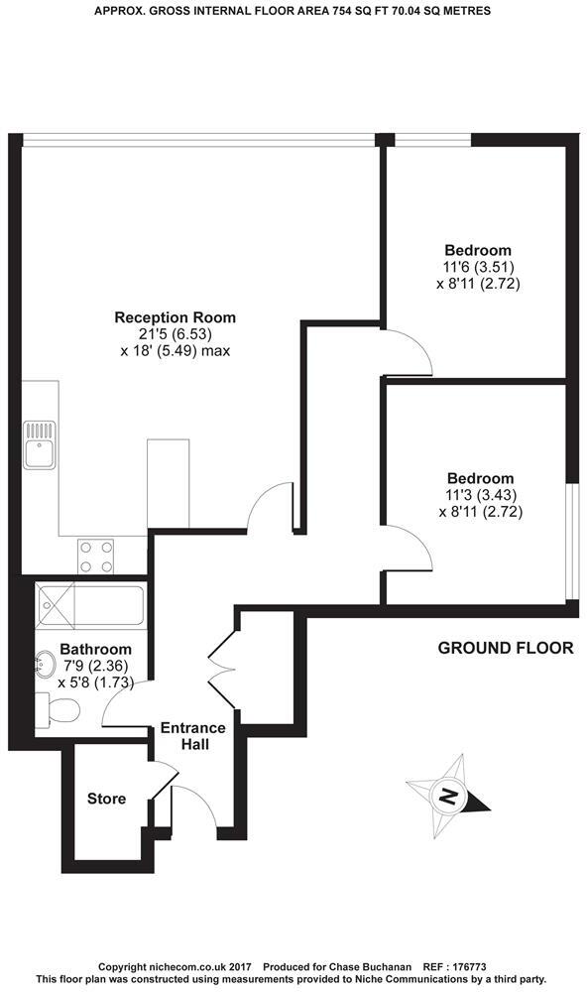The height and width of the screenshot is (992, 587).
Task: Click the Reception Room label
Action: click(x=176, y=317)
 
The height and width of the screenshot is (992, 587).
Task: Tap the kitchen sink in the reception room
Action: click(x=39, y=443)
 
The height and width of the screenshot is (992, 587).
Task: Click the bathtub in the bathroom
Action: click(x=89, y=604)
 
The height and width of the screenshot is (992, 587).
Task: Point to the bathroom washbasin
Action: click(x=46, y=662)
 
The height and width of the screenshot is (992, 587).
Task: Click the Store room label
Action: click(x=106, y=799)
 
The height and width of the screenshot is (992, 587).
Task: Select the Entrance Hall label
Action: click(x=193, y=735)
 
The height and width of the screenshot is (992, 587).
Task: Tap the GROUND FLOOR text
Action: click(x=506, y=649)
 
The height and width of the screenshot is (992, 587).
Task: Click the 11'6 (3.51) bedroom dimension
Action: click(x=478, y=267)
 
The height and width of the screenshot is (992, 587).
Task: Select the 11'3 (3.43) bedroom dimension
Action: click(x=480, y=495)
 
